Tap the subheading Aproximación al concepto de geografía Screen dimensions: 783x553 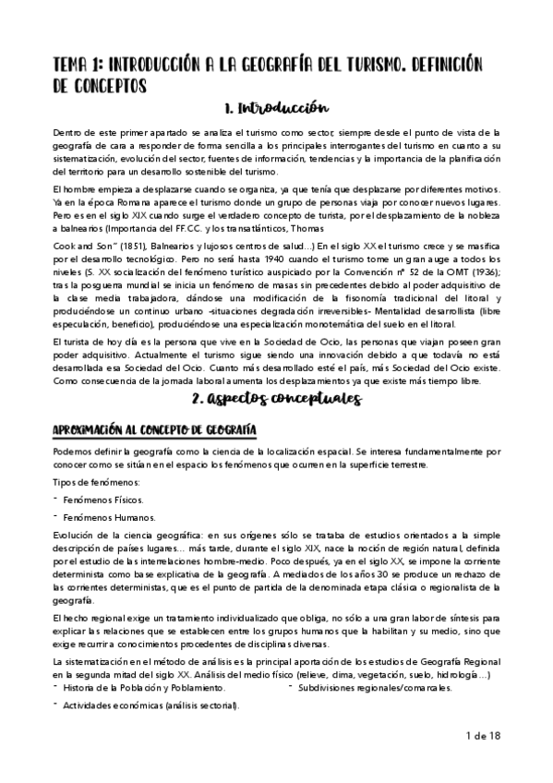pos(154,431)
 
